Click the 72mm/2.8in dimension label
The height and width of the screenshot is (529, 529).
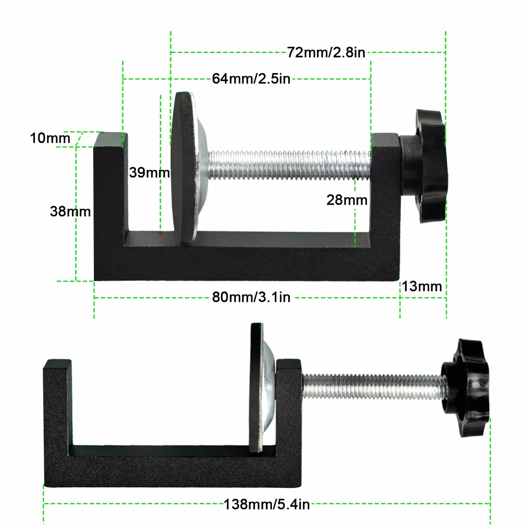[326, 53]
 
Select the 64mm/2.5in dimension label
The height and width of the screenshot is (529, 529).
[251, 79]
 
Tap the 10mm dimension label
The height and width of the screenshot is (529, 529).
[50, 138]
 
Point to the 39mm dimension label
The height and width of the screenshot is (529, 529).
[149, 173]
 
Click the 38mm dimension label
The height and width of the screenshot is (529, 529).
[70, 211]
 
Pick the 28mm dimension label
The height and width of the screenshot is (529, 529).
[347, 200]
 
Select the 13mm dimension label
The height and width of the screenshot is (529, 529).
[422, 286]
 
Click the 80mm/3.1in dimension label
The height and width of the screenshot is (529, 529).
[251, 297]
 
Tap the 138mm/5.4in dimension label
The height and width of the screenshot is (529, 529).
[267, 504]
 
